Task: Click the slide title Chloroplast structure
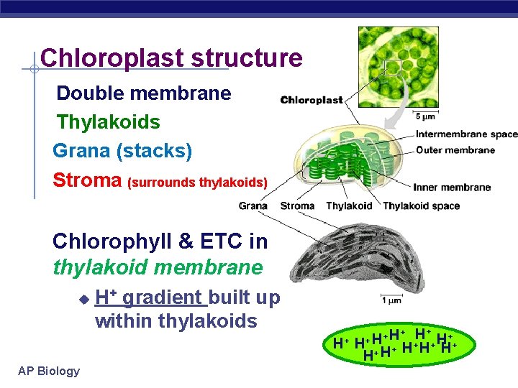(x=171, y=58)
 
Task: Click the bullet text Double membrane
(x=144, y=93)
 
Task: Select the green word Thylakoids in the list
(x=108, y=122)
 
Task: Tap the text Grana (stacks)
(x=122, y=151)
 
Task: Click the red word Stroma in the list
(x=87, y=180)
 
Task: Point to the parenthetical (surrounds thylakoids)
(x=197, y=183)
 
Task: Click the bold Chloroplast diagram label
(x=311, y=101)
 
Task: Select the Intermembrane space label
(x=466, y=134)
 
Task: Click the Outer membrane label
(x=455, y=150)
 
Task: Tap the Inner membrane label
(x=452, y=188)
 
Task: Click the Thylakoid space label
(x=421, y=206)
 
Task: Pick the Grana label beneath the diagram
(x=253, y=206)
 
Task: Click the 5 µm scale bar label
(x=424, y=116)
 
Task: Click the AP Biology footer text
(x=49, y=371)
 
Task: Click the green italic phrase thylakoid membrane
(x=158, y=268)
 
